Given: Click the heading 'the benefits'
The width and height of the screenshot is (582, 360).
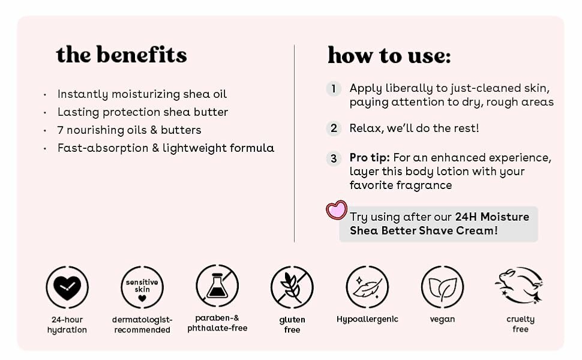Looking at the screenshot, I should click(x=121, y=55).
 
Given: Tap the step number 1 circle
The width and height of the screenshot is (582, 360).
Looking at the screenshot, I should click(x=334, y=89).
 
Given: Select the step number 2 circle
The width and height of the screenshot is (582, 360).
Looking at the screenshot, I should click(x=334, y=128).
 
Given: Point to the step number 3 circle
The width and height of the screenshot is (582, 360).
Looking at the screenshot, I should click(x=334, y=158).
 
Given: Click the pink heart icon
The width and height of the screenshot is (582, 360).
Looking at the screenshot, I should click(x=337, y=210).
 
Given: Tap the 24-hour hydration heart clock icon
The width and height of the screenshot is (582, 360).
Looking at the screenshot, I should click(x=67, y=287).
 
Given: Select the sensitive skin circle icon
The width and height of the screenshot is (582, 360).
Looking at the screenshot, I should click(x=142, y=287).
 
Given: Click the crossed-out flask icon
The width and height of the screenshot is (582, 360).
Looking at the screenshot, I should click(x=217, y=286).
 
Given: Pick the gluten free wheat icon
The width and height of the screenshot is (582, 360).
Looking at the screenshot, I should click(x=292, y=287).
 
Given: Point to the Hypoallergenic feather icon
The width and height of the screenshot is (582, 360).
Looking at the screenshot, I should click(x=367, y=287).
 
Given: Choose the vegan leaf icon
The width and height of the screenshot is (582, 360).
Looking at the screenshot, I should click(x=442, y=287).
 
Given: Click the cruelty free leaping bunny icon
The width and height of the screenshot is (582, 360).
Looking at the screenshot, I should click(x=520, y=286).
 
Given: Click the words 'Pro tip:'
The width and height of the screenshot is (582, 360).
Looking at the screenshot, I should click(x=370, y=158).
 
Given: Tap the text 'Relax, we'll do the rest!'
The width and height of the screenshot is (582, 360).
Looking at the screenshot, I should click(x=414, y=128).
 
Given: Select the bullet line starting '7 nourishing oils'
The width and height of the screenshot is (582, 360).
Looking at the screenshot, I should click(x=129, y=130).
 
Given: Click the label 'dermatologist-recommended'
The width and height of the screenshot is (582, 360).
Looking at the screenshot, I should click(x=142, y=325).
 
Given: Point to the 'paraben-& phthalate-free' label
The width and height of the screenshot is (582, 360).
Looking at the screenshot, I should click(x=217, y=323).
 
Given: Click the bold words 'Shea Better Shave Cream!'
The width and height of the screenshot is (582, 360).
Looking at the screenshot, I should click(x=424, y=230).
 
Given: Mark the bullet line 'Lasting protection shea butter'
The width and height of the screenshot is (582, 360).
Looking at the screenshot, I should click(x=142, y=112).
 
